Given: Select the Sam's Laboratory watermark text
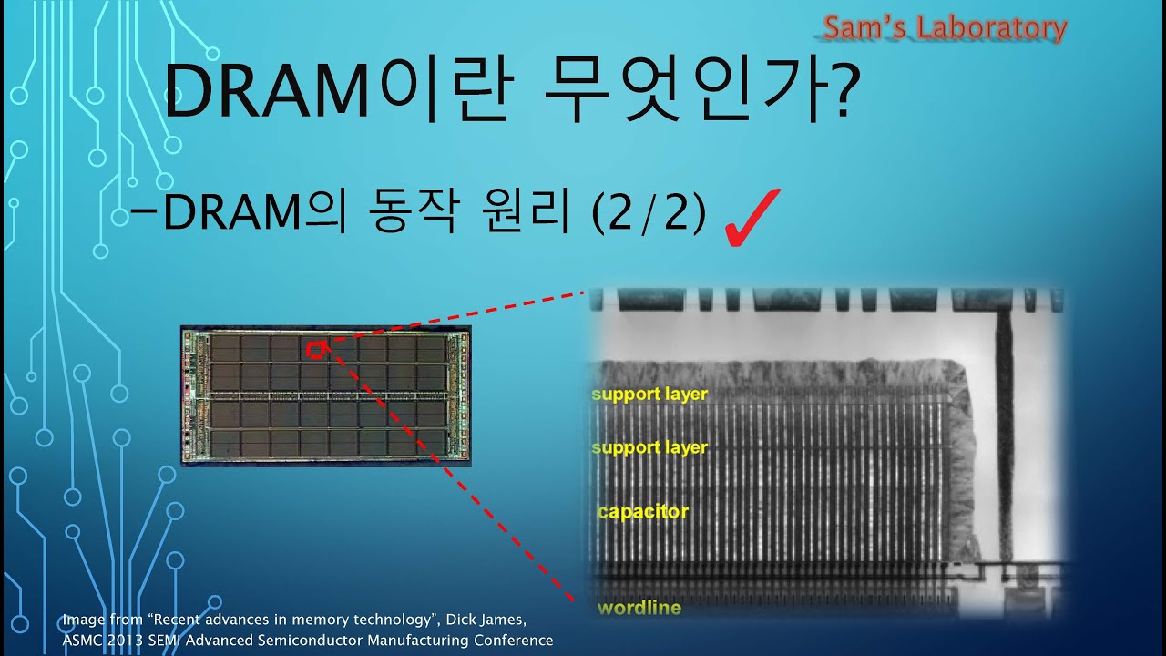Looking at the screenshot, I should click(x=944, y=29).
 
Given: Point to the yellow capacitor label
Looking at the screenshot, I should click(x=643, y=512).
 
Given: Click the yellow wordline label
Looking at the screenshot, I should click(x=639, y=607).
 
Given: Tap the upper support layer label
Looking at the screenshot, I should click(x=649, y=395).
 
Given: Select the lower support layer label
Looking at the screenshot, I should click(x=649, y=447).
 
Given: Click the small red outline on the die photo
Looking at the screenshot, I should click(x=316, y=350).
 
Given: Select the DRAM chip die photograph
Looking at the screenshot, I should click(x=325, y=396).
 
